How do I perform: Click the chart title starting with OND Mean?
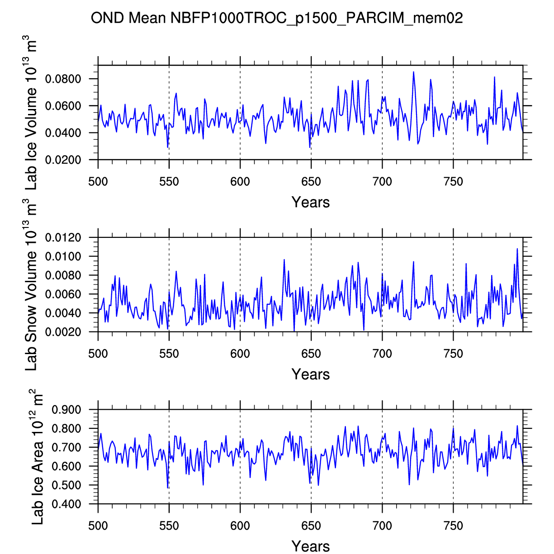[277, 19]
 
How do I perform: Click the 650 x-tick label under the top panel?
[311, 182]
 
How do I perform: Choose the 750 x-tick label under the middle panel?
[453, 354]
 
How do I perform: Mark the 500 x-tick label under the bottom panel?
[98, 526]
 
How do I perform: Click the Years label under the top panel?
[311, 202]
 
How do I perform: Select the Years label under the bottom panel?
[311, 546]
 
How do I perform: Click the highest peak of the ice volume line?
[413, 72]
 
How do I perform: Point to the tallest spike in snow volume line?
[517, 248]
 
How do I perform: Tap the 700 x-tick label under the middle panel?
[382, 354]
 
